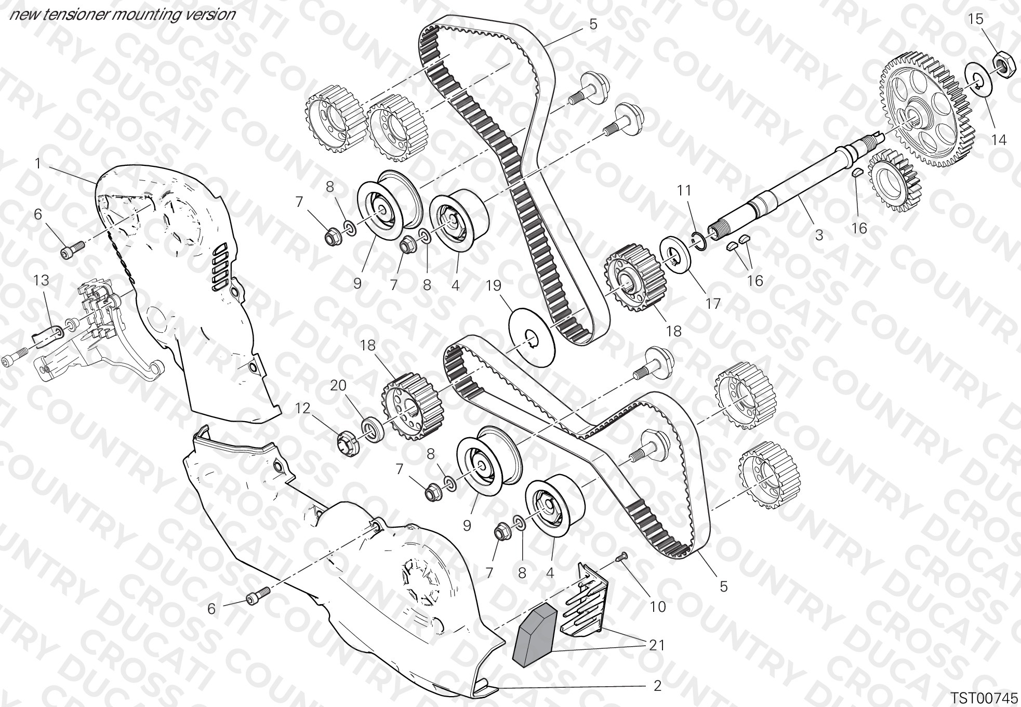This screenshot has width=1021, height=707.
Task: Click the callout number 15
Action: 975,19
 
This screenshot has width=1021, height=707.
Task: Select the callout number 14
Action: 999,140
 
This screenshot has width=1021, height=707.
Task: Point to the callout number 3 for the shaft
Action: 819,235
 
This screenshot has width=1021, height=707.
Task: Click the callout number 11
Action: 684,191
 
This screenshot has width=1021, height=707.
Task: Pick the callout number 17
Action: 713,303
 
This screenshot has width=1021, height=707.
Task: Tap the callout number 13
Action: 41,280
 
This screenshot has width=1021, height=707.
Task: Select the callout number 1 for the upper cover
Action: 37,164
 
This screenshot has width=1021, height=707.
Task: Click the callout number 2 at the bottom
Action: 657,686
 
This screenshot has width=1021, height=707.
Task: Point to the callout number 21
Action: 657,645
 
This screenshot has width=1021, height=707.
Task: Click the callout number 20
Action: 338,385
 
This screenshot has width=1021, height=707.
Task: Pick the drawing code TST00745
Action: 984,697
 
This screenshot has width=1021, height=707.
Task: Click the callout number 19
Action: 494,285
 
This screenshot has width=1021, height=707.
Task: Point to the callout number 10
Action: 657,607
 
